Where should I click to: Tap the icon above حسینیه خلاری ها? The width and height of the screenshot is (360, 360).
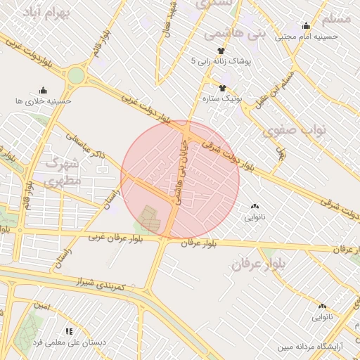[x=43, y=90]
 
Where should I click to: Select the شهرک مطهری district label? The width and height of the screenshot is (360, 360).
[x=64, y=172]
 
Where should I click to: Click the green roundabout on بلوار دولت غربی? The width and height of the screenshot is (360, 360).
[x=76, y=75]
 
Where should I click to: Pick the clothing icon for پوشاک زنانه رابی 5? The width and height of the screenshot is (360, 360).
[x=221, y=51]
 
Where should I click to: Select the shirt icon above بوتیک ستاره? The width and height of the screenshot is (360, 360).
[x=223, y=88]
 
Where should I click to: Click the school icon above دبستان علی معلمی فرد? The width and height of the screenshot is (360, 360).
[x=69, y=330]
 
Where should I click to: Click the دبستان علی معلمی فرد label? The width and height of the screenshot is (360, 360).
[x=69, y=342]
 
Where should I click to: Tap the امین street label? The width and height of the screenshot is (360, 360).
[x=42, y=306]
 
